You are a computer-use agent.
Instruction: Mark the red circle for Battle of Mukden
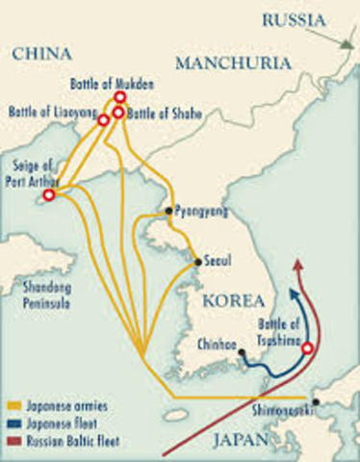pyautogui.click(x=119, y=97)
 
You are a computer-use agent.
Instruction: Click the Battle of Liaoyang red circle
pyautogui.click(x=103, y=120)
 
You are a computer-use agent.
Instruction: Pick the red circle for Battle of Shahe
pyautogui.click(x=118, y=113)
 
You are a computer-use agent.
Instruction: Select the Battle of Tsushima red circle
pyautogui.click(x=307, y=349)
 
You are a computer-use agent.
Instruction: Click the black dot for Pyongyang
pyautogui.click(x=168, y=210)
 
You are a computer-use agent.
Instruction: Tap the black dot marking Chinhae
pyautogui.click(x=242, y=352)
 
